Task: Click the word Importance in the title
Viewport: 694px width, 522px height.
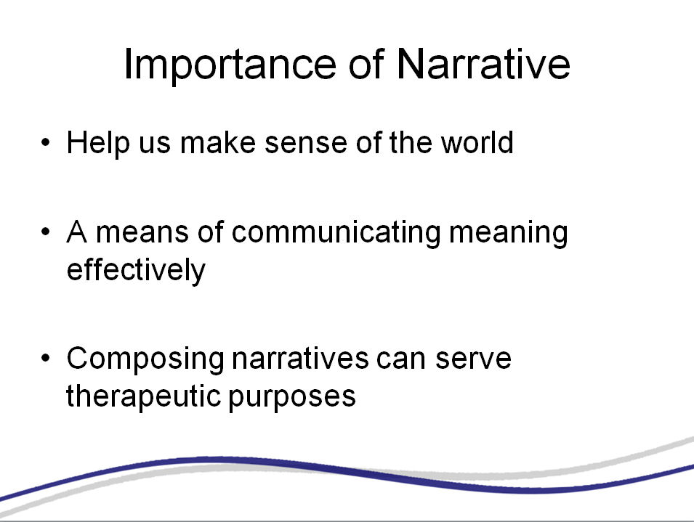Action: tap(230, 65)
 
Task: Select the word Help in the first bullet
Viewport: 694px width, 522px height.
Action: tap(98, 143)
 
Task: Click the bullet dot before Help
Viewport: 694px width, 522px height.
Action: tap(46, 142)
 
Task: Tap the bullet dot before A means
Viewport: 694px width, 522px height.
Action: tap(46, 232)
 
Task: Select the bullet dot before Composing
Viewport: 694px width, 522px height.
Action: tap(46, 358)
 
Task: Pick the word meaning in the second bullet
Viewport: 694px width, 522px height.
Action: tap(508, 233)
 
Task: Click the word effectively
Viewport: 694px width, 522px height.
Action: tap(137, 270)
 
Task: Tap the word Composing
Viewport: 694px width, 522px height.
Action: tap(145, 359)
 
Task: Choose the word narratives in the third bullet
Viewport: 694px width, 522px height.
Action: tap(300, 358)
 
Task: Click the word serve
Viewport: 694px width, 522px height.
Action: tap(473, 359)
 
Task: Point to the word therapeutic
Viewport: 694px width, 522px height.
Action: tap(143, 396)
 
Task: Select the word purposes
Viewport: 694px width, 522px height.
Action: tap(292, 398)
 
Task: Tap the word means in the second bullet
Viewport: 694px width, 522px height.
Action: tap(142, 233)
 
